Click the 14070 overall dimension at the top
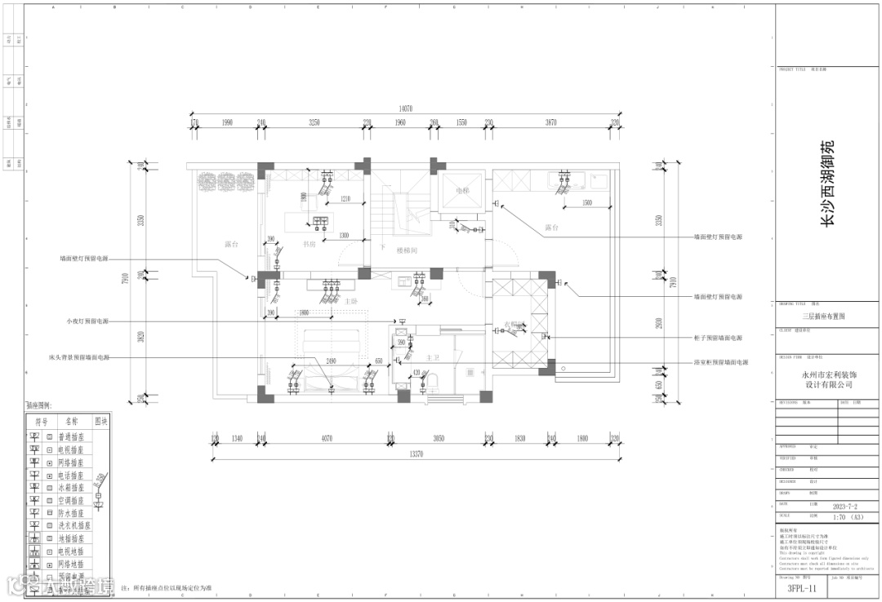[x=405, y=108]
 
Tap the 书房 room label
[x=310, y=244]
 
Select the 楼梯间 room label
[x=408, y=250]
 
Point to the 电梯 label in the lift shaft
[x=463, y=190]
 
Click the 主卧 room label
[x=351, y=301]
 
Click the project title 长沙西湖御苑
[x=827, y=183]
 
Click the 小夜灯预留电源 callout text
[x=87, y=321]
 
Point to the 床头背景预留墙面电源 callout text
[x=78, y=357]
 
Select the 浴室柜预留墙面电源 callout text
[x=720, y=362]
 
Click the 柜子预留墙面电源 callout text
[x=718, y=338]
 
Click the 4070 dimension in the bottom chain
[x=327, y=439]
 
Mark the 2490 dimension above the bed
[x=331, y=361]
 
